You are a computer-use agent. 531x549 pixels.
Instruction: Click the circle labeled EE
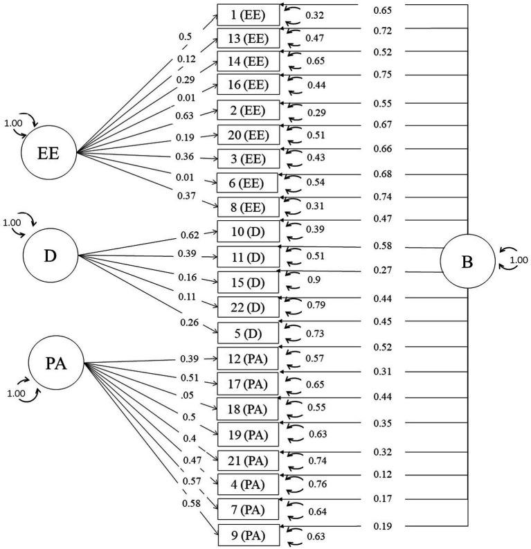49,152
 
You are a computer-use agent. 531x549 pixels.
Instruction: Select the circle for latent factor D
50,255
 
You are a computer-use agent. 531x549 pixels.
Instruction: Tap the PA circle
56,363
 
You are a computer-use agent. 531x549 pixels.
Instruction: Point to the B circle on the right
467,261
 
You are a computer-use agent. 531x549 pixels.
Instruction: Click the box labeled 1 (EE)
249,15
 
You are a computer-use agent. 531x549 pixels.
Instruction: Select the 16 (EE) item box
249,84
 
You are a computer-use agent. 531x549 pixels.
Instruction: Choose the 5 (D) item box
249,333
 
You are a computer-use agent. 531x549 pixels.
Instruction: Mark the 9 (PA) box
249,535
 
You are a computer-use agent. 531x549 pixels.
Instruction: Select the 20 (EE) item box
249,134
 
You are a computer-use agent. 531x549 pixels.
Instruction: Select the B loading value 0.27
383,270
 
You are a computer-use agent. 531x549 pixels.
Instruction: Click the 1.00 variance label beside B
518,261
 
